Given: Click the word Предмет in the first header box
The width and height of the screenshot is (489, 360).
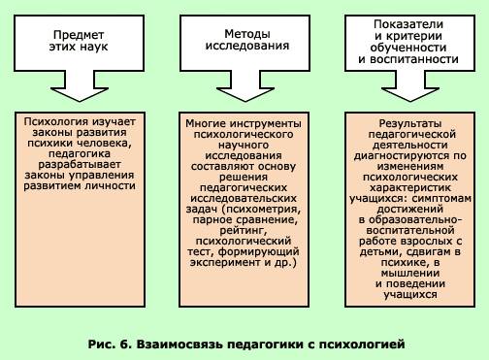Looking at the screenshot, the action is [x=79, y=35].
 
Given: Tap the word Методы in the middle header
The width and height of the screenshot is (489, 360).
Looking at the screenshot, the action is [x=247, y=34].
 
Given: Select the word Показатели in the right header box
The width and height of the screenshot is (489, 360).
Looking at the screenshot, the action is [x=408, y=24].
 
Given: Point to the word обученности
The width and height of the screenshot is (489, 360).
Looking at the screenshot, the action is [x=408, y=48].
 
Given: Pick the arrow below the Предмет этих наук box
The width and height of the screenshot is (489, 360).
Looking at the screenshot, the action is [x=80, y=86].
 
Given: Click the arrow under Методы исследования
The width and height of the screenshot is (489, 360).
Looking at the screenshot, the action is [x=245, y=86].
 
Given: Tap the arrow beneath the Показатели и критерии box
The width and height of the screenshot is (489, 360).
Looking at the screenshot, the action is [x=410, y=86].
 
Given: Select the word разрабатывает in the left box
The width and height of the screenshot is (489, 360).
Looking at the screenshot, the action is [x=80, y=164].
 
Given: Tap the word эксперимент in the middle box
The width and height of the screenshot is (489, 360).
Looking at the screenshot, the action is [x=226, y=262].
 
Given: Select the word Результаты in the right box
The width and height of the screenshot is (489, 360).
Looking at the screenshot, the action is [x=410, y=123].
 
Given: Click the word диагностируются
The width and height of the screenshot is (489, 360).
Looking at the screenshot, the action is [x=402, y=156].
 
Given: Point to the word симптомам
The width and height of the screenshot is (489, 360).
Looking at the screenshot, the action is [x=442, y=198].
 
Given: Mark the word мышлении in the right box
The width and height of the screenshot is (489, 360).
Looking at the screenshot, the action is [x=410, y=273].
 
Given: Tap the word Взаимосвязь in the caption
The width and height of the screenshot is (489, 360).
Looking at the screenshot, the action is [x=179, y=344].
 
